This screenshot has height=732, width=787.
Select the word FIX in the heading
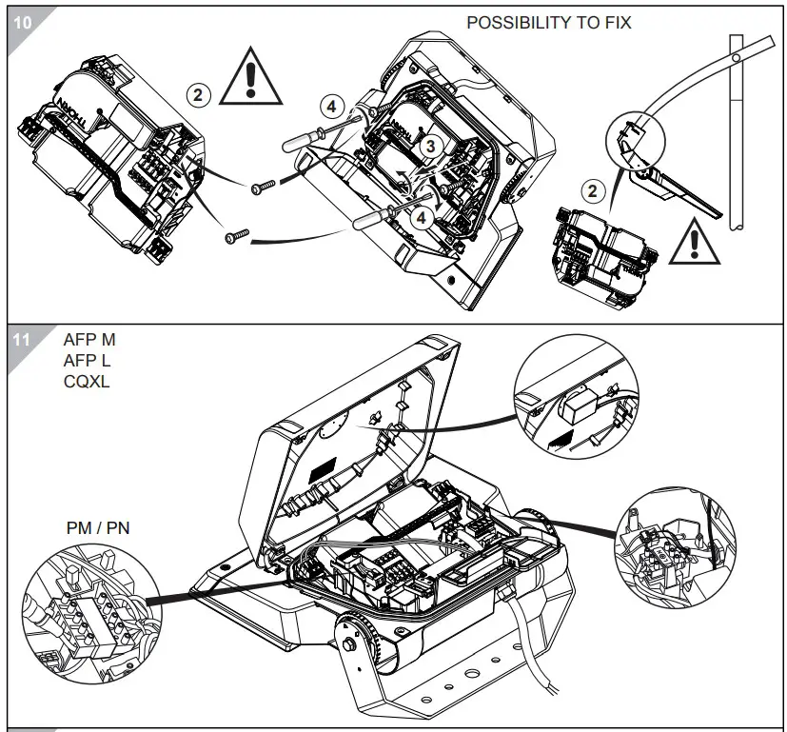pyautogui.click(x=615, y=22)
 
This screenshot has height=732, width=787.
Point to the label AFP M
pyautogui.click(x=89, y=340)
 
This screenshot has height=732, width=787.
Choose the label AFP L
pyautogui.click(x=88, y=361)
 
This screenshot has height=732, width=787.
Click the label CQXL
pyautogui.click(x=87, y=382)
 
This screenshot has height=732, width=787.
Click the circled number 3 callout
pyautogui.click(x=430, y=146)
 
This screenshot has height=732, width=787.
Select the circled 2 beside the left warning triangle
pyautogui.click(x=198, y=94)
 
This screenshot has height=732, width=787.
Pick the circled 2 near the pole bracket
pyautogui.click(x=593, y=191)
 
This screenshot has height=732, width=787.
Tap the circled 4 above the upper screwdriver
pyautogui.click(x=329, y=107)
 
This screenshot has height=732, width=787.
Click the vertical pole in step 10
pyautogui.click(x=738, y=133)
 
